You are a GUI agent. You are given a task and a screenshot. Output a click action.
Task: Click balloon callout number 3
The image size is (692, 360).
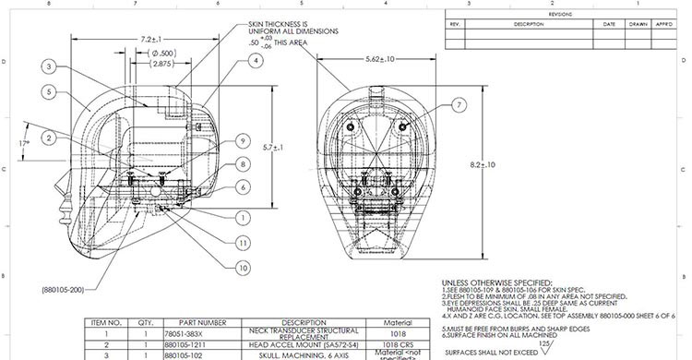pos(46,66)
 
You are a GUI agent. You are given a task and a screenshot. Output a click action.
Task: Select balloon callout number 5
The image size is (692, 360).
pos(46,91)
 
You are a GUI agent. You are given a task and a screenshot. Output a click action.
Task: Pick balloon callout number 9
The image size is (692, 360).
pos(240,141)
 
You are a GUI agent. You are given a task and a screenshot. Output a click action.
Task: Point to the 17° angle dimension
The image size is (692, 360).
pos(24,145)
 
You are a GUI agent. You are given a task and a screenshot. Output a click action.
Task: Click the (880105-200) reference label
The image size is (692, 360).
pos(63,289)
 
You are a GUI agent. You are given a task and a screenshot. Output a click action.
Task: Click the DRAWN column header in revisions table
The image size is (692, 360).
pos(638,24)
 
